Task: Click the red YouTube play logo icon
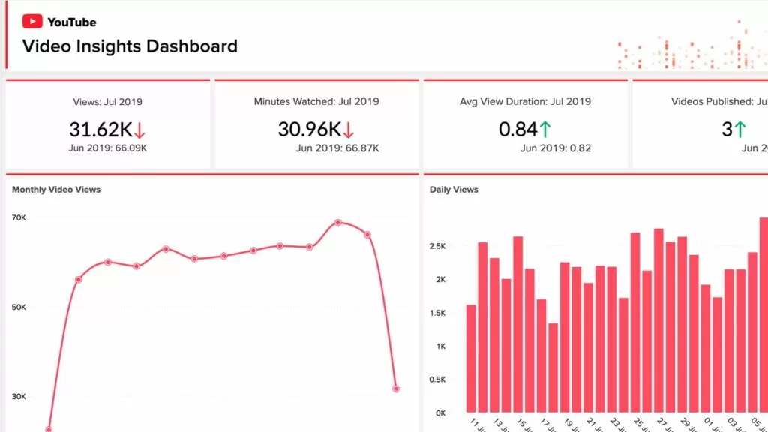click(32, 22)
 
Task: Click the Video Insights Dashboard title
click(130, 46)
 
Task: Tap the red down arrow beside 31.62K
click(139, 130)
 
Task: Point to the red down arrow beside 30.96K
click(349, 130)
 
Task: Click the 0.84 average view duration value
click(517, 130)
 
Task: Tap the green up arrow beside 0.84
click(545, 130)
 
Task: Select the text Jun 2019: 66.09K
click(109, 148)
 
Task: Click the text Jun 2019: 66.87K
click(337, 148)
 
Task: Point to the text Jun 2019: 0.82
click(556, 148)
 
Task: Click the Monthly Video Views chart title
click(56, 190)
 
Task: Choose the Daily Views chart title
click(454, 190)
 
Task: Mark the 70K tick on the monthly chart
click(19, 218)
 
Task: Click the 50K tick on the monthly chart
click(19, 307)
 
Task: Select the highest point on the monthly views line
click(338, 223)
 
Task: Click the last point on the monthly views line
click(395, 388)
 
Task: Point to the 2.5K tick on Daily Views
click(437, 246)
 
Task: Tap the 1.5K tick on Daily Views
click(437, 313)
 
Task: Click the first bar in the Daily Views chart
click(471, 358)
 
